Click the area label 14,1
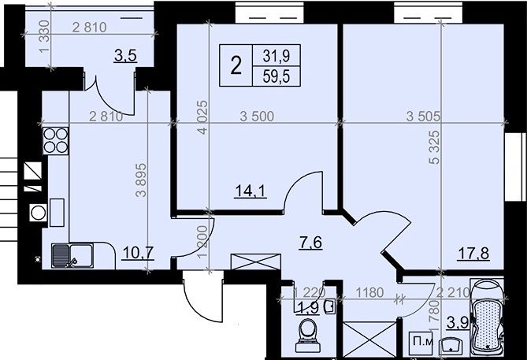[251, 191]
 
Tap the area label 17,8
[473, 253]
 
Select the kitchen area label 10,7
[138, 253]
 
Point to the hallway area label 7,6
[311, 243]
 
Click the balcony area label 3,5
[126, 56]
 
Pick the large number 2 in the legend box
[236, 65]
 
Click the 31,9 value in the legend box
[276, 56]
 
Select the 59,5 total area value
[276, 76]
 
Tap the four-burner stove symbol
[55, 140]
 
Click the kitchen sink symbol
[72, 256]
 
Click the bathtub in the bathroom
[488, 317]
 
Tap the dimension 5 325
[435, 147]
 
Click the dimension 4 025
[203, 117]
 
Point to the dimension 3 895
[141, 180]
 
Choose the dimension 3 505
[423, 117]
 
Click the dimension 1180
[369, 292]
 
